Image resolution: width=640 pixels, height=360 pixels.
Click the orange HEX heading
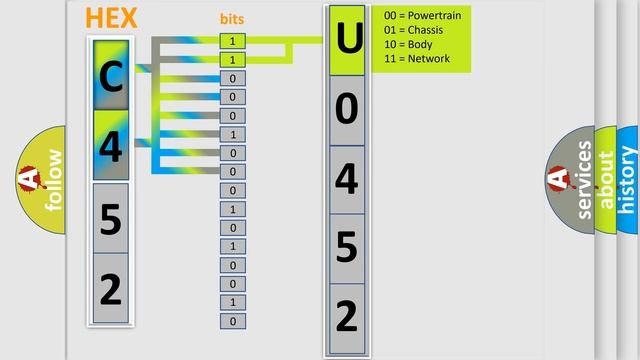click(x=111, y=18)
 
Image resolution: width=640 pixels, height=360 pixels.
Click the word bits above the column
click(x=232, y=19)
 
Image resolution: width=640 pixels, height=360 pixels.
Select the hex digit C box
click(x=111, y=75)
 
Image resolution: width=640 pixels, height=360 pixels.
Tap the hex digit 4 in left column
click(x=111, y=146)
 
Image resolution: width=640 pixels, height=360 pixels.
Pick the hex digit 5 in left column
click(x=111, y=217)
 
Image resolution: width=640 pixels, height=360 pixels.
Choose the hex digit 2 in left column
click(x=111, y=288)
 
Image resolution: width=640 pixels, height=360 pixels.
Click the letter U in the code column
click(x=347, y=40)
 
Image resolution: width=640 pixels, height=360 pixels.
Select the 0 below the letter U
click(x=347, y=109)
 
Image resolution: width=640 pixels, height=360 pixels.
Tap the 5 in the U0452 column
click(x=347, y=247)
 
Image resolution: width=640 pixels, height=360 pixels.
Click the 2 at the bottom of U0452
click(x=347, y=316)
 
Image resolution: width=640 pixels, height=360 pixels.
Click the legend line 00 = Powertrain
click(x=421, y=17)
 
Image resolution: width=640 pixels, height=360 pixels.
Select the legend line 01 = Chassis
click(x=413, y=31)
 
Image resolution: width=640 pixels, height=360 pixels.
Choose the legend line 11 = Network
click(x=416, y=59)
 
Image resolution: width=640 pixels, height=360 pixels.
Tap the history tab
click(x=628, y=180)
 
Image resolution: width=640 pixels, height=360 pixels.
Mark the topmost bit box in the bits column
click(x=232, y=41)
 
